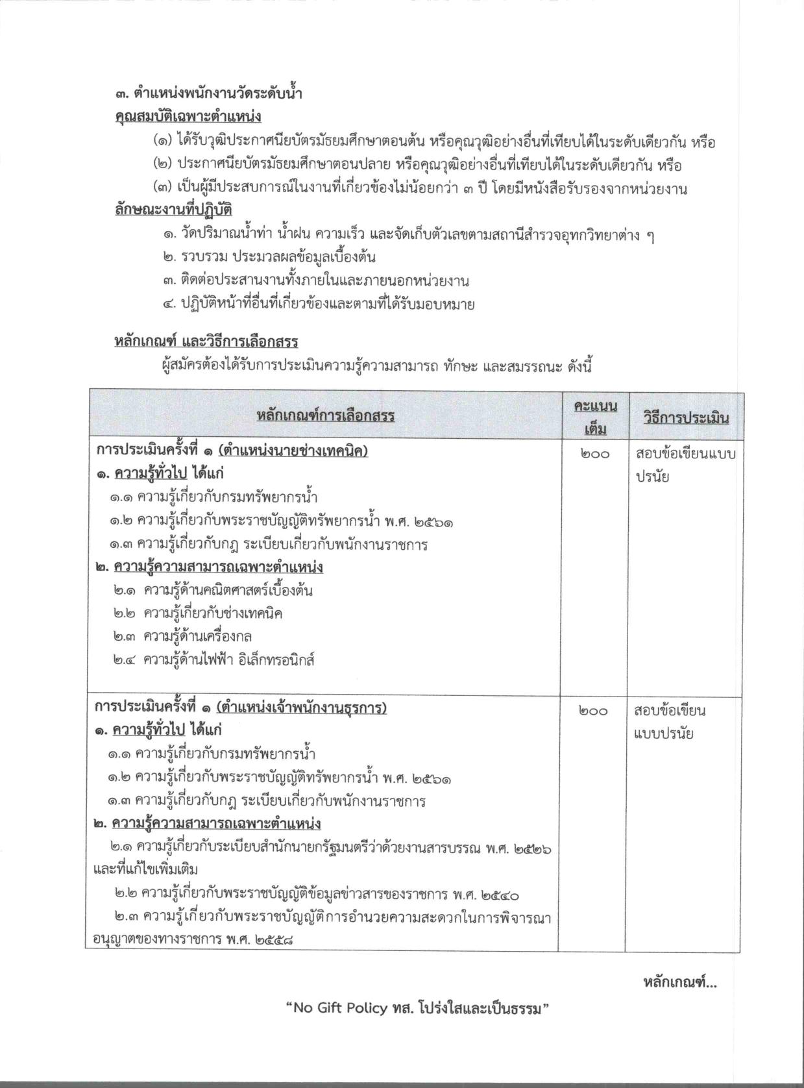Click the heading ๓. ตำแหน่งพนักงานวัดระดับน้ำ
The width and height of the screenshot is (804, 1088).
click(x=208, y=93)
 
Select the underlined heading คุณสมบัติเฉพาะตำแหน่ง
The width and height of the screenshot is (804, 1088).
click(x=188, y=117)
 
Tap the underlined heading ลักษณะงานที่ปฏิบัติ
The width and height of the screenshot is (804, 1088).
click(x=173, y=210)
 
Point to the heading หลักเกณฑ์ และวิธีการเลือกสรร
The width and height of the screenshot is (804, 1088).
click(x=206, y=341)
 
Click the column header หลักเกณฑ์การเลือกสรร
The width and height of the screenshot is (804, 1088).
click(x=325, y=415)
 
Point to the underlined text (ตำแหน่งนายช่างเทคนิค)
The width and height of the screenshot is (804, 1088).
click(x=293, y=451)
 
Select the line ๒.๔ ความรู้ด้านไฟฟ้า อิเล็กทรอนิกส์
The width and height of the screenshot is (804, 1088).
click(x=213, y=660)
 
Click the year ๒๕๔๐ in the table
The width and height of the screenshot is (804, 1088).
click(x=500, y=896)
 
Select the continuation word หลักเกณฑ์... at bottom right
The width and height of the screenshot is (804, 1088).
click(x=679, y=983)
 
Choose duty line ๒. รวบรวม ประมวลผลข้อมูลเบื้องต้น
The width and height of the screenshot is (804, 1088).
click(x=269, y=258)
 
